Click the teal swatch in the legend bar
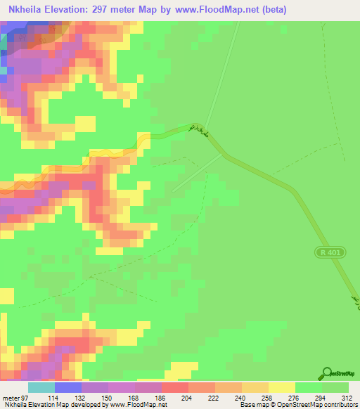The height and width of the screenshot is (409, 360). coord(41,388)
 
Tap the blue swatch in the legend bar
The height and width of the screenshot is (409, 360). coord(68,388)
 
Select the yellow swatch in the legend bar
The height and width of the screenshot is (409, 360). coord(282,388)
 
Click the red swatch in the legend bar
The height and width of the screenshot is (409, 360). coord(175,388)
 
